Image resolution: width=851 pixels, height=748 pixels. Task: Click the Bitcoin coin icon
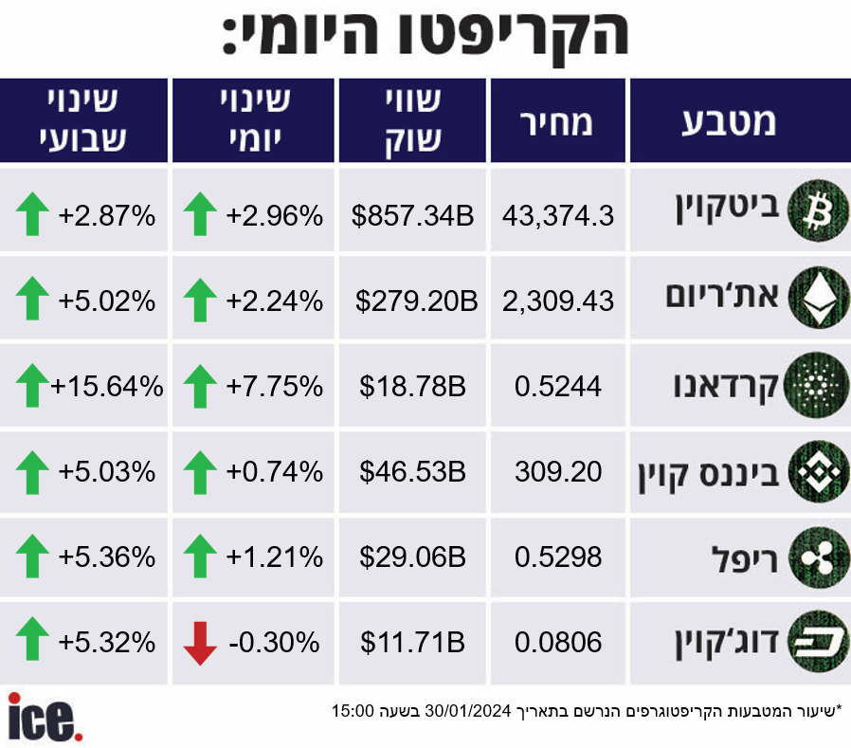coord(818,210)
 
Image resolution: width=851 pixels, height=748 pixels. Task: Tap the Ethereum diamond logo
coord(818,297)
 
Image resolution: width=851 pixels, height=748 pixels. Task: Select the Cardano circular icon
coord(817,385)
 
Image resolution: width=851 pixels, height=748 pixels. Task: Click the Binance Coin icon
coord(818,471)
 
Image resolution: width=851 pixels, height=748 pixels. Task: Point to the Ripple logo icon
coord(818,556)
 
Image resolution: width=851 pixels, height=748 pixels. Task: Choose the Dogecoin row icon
coord(818,642)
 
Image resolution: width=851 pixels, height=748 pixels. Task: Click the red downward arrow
coord(200,643)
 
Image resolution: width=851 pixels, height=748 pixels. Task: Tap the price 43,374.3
coord(558,215)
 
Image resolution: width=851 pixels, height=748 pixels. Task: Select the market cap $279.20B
coord(416,301)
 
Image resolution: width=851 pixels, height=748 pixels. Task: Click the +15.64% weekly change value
coord(107,387)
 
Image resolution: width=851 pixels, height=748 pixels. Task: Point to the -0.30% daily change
coord(274,643)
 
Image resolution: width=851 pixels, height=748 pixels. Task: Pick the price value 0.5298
coord(558,556)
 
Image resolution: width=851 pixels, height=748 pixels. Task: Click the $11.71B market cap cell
coord(412,643)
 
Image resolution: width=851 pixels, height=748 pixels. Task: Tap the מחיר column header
coord(556,122)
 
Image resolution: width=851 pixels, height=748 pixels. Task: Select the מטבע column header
coord(729,122)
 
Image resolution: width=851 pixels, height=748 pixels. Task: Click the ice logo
coord(45,717)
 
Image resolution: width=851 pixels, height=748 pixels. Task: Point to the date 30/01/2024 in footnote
coord(468,710)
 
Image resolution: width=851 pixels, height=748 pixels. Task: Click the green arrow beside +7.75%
coord(200,386)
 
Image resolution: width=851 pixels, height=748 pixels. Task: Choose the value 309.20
coord(558,472)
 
